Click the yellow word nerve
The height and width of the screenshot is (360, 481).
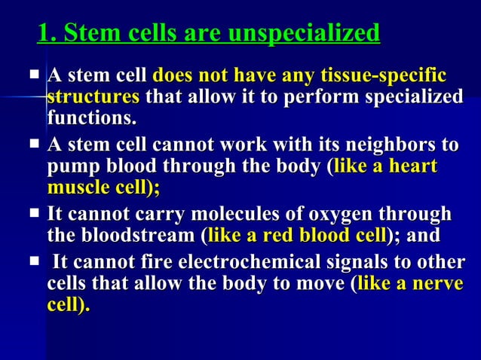[434, 285]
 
